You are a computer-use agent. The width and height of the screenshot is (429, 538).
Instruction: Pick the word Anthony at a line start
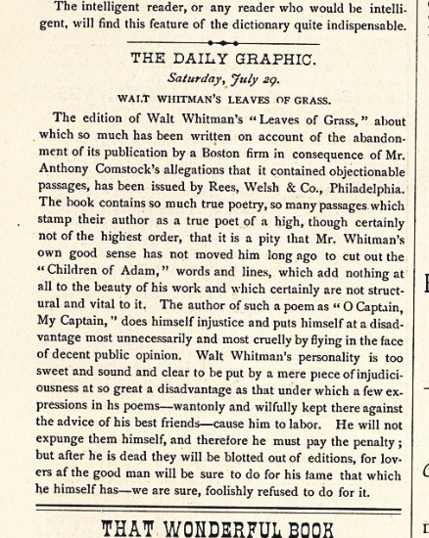coord(52,169)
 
